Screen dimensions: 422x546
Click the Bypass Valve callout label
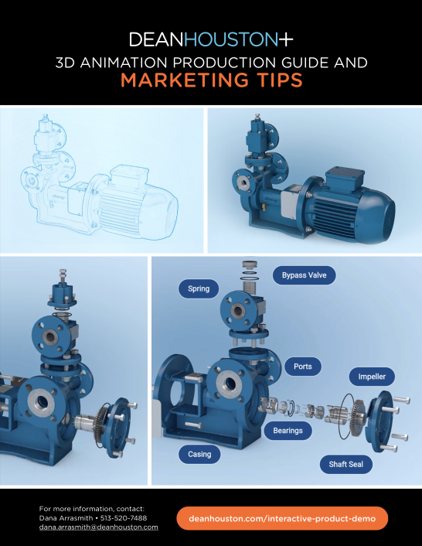click(304, 275)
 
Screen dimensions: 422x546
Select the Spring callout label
click(199, 288)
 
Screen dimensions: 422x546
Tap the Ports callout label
click(303, 367)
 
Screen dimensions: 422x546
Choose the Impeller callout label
click(372, 377)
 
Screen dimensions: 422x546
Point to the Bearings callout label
click(288, 431)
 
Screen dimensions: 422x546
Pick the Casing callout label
click(199, 454)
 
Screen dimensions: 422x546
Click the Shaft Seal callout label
click(345, 464)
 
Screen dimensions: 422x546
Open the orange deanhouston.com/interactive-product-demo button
click(282, 518)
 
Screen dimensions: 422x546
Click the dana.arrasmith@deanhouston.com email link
click(98, 527)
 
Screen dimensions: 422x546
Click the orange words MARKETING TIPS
click(212, 80)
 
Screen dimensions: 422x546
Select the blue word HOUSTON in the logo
click(231, 39)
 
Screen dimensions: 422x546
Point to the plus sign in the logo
click(286, 39)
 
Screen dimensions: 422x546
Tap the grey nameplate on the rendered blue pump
click(288, 200)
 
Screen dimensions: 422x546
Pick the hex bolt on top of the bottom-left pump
click(63, 277)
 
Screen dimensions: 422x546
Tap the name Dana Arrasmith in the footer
click(66, 518)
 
